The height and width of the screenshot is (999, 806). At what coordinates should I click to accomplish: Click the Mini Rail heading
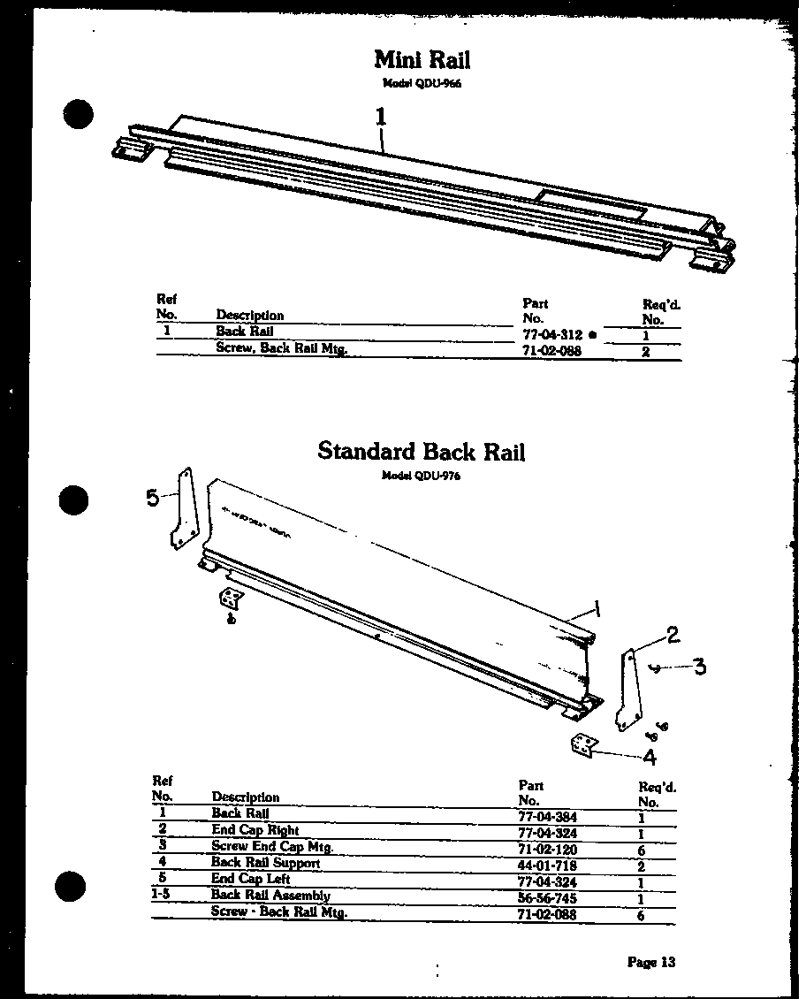click(x=422, y=59)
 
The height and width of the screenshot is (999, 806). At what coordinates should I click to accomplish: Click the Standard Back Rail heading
click(x=421, y=451)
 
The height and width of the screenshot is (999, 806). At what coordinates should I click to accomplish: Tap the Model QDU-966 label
click(x=422, y=83)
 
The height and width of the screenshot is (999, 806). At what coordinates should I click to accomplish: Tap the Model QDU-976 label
click(x=421, y=475)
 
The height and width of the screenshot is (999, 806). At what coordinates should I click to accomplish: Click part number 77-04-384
click(x=547, y=817)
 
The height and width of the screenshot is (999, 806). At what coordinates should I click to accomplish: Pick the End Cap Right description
click(x=255, y=830)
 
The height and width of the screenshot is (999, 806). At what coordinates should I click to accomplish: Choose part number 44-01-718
click(x=547, y=865)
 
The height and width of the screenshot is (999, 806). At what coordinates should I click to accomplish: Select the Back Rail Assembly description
click(x=270, y=896)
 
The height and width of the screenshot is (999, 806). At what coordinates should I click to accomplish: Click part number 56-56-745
click(x=547, y=897)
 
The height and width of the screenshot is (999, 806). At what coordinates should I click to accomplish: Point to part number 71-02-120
click(x=547, y=849)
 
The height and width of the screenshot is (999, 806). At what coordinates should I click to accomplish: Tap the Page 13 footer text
click(x=651, y=962)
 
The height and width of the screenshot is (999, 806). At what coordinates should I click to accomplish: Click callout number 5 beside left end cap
click(x=153, y=498)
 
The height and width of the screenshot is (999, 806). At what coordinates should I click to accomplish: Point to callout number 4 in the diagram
click(x=650, y=757)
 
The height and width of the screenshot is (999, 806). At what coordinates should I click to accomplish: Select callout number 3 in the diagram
click(x=699, y=666)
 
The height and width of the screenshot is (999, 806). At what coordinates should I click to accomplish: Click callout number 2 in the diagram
click(x=673, y=634)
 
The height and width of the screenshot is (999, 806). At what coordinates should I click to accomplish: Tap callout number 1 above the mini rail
click(x=381, y=117)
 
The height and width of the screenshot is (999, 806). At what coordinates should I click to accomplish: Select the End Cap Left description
click(x=250, y=880)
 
